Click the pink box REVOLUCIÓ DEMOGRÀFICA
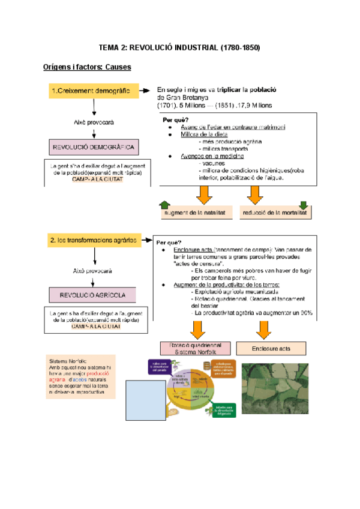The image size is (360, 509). (95, 146)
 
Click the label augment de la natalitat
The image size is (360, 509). (194, 212)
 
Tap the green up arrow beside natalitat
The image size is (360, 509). (165, 205)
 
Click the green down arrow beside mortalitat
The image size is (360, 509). (303, 205)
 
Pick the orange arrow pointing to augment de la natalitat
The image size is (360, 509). (204, 193)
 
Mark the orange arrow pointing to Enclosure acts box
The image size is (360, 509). (262, 329)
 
